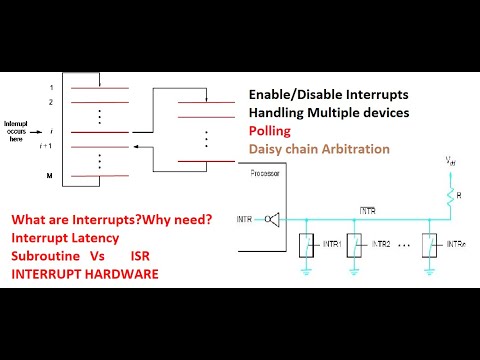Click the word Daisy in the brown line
point(270,150)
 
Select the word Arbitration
point(353,150)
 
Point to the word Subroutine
point(52,255)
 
